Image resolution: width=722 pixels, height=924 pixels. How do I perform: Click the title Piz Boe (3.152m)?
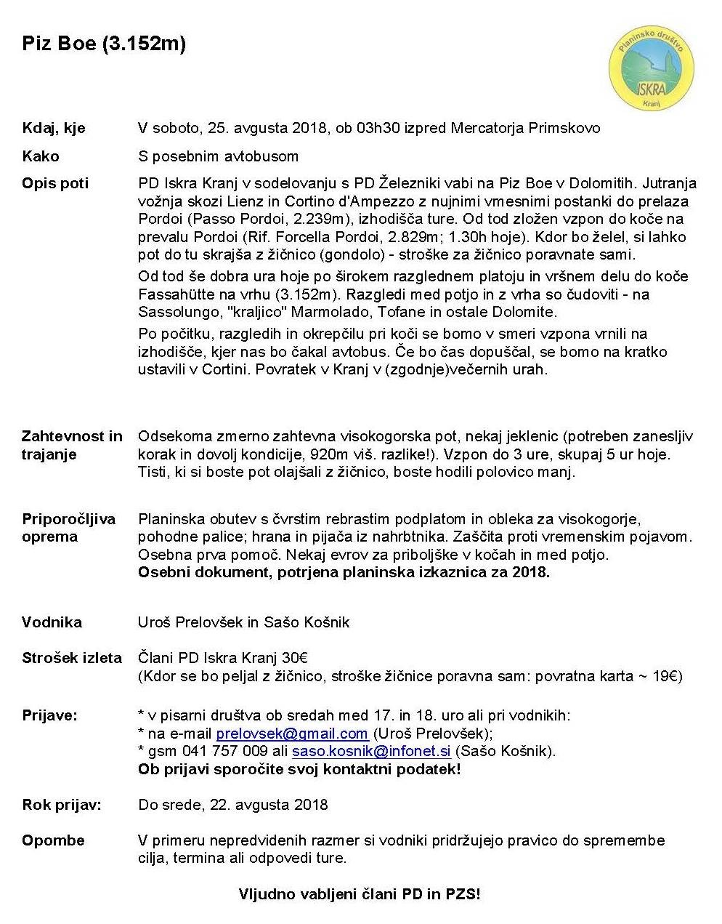tap(104, 44)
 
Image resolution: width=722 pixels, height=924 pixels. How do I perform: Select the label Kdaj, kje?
tap(54, 129)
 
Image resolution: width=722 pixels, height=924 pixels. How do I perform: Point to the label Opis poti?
tap(55, 183)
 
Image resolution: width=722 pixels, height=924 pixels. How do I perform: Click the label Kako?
tap(41, 156)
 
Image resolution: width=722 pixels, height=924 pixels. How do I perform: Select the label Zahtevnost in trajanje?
tap(72, 445)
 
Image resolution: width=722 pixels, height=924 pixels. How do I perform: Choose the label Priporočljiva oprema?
tap(68, 528)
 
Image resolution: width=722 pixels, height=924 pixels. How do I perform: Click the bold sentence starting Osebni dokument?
tap(344, 572)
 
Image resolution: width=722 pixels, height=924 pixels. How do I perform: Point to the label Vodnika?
tap(52, 622)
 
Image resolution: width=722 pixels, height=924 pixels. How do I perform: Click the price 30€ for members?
tap(295, 658)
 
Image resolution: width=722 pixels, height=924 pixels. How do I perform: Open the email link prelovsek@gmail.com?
tap(292, 734)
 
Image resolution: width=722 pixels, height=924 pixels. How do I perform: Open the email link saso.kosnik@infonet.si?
tap(371, 751)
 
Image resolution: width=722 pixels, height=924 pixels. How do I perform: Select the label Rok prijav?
tap(62, 805)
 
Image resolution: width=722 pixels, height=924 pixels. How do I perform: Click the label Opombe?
tap(53, 840)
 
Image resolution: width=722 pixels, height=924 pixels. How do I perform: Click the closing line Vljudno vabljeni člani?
tap(360, 894)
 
